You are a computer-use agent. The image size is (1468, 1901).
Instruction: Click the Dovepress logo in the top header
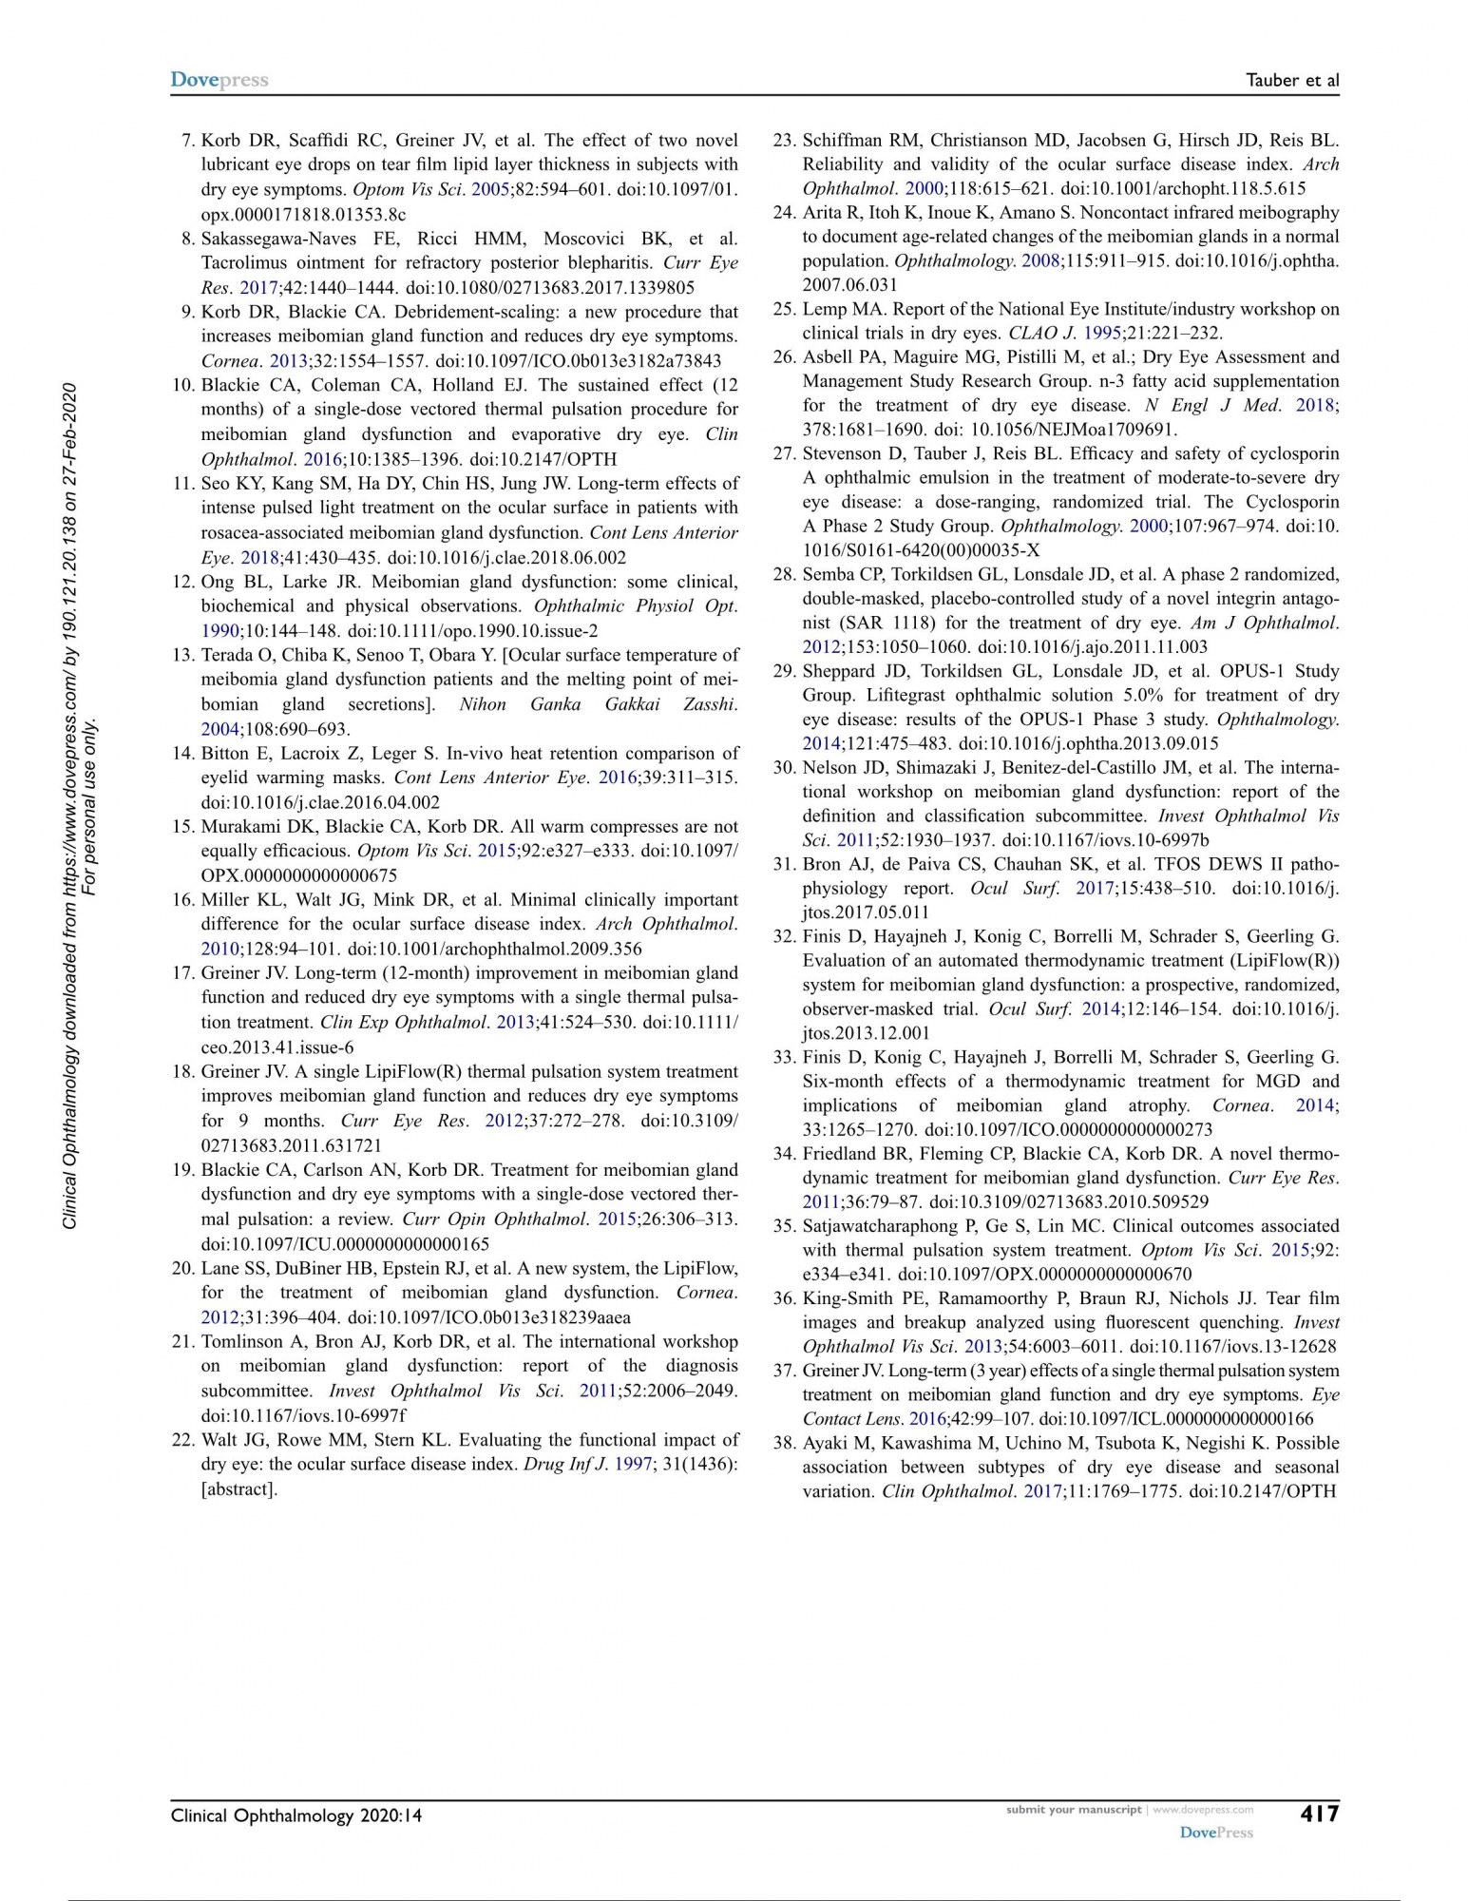click(219, 80)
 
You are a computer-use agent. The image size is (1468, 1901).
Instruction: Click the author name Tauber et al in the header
click(1291, 81)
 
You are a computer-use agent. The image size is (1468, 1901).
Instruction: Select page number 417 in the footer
click(1319, 1813)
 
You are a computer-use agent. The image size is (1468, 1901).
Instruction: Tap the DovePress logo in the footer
click(1216, 1832)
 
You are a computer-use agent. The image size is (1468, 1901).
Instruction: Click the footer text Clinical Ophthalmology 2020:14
click(296, 1815)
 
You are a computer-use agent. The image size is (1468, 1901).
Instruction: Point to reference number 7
click(187, 141)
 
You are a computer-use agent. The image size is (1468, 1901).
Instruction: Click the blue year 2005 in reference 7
click(490, 189)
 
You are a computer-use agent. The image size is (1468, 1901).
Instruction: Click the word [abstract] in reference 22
click(239, 1488)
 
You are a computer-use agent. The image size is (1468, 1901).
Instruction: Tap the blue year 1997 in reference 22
click(633, 1465)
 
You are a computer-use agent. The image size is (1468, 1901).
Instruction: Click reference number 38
click(784, 1443)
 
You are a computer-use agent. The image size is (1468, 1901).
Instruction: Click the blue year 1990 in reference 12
click(219, 630)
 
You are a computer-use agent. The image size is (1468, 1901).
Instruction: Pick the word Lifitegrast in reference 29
click(887, 695)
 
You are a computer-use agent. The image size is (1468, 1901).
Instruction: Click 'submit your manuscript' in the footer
click(1073, 1809)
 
